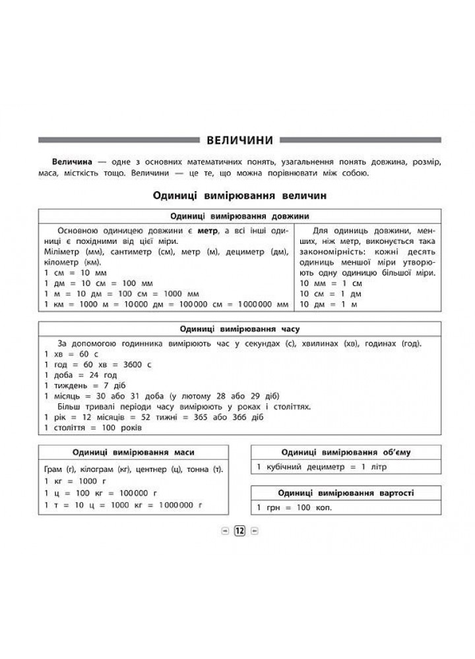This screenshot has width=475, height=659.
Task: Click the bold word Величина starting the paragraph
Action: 73,161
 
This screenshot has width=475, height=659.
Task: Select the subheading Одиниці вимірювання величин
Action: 239,196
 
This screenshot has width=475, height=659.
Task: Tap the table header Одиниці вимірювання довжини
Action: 240,217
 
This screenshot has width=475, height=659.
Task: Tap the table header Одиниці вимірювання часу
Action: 240,329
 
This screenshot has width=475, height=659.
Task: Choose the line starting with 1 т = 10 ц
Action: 122,505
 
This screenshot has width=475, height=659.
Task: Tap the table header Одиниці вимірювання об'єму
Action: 346,452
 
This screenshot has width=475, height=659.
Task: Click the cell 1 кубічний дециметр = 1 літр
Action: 322,467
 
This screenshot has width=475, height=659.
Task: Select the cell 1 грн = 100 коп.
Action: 294,507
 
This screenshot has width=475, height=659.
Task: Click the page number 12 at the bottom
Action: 239,530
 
